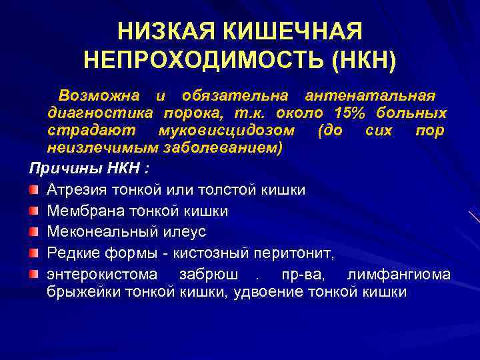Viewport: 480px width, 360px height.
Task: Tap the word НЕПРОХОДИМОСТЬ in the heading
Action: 202,61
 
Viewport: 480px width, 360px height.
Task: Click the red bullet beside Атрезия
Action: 33,190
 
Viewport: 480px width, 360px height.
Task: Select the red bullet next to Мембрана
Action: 33,211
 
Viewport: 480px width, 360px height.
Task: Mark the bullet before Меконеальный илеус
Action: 33,232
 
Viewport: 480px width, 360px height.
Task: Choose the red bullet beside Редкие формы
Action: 33,253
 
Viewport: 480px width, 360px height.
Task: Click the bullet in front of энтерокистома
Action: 33,274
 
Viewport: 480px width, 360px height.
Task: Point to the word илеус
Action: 187,232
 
